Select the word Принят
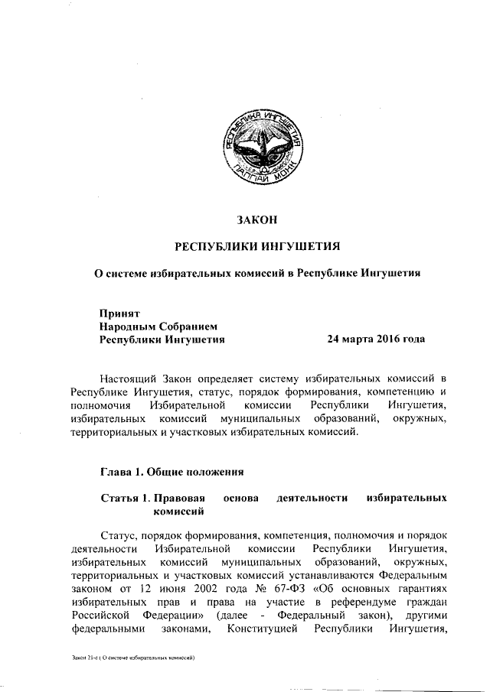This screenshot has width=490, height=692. coord(119,312)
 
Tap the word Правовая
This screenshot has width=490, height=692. coord(178,499)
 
